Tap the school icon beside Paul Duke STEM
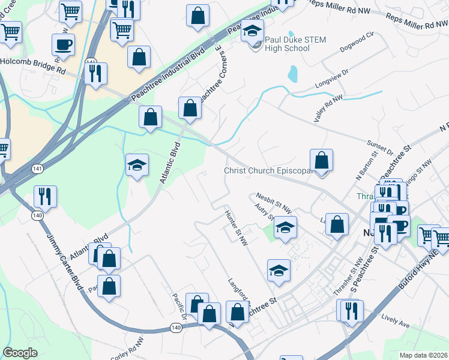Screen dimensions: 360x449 [253, 31]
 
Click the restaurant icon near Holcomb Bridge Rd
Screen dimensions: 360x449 [95, 73]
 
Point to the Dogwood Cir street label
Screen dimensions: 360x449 [357, 40]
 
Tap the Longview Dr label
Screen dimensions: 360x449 [331, 83]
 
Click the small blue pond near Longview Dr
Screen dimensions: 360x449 [292, 74]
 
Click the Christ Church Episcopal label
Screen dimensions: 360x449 [270, 171]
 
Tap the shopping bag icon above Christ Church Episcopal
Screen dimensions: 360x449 [322, 161]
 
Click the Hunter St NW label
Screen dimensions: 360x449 [236, 227]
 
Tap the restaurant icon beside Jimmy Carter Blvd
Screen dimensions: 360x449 [45, 197]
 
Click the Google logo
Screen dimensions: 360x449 [20, 353]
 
